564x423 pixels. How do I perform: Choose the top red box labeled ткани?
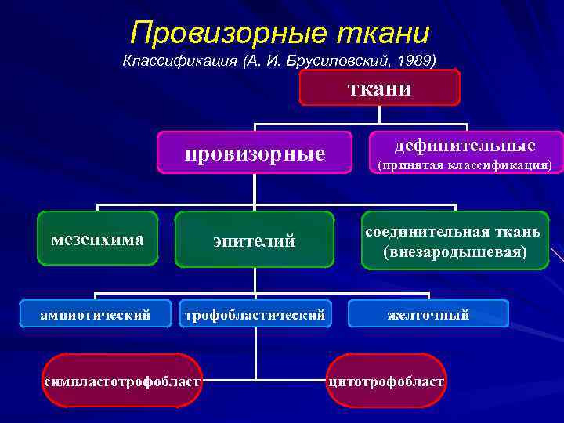pos(379,88)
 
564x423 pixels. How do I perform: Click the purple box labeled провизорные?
pos(255,152)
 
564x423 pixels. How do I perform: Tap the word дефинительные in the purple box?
pos(465,145)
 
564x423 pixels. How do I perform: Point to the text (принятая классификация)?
pos(465,165)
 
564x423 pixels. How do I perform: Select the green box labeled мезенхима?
pos(97,239)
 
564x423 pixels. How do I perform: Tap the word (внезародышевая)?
pos(455,252)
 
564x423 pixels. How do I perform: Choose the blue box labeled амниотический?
pos(96,315)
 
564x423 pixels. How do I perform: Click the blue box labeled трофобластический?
pos(255,315)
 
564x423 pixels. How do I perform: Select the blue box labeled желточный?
pos(428,315)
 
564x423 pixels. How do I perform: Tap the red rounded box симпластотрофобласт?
pos(122,381)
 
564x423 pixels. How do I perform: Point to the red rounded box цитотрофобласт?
pos(386,381)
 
